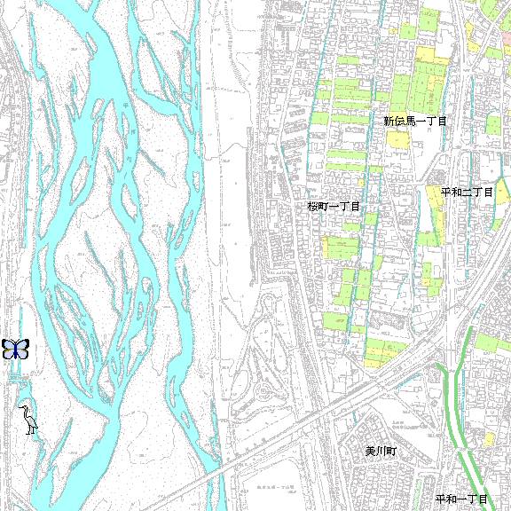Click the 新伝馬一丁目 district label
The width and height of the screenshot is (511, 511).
coord(414,121)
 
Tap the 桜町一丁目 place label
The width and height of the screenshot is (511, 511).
coord(334,206)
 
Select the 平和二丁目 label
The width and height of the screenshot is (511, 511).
coord(467,192)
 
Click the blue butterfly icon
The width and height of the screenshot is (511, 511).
coord(15,349)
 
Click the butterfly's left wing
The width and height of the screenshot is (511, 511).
coord(8,349)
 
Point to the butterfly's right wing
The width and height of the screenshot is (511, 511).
coord(22,349)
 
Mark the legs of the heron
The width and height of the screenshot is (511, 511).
coord(32,429)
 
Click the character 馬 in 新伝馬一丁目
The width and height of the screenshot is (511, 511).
coord(410,121)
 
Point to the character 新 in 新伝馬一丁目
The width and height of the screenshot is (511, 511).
coord(389,121)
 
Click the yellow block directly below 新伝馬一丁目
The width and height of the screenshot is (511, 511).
coord(398,140)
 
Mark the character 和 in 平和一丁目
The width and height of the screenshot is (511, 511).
coord(452,500)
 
